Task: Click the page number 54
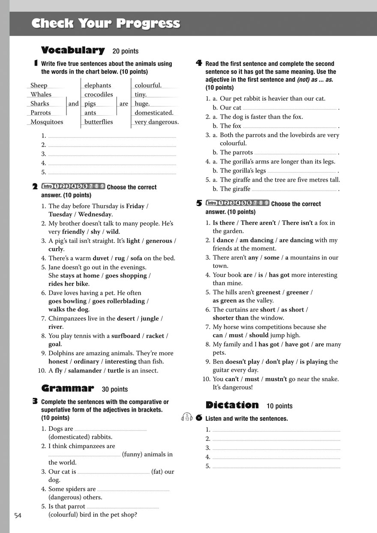pos(18,515)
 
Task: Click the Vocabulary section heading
pos(72,51)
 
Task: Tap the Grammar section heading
pos(67,389)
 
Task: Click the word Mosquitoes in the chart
pos(47,122)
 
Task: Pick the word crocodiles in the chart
pos(99,94)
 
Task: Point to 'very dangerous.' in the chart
pos(156,122)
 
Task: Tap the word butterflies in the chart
pos(99,122)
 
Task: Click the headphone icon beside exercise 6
pos(187,417)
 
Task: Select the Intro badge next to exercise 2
pos(47,186)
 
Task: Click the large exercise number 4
pos(199,63)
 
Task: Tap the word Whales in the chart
pos(41,94)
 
